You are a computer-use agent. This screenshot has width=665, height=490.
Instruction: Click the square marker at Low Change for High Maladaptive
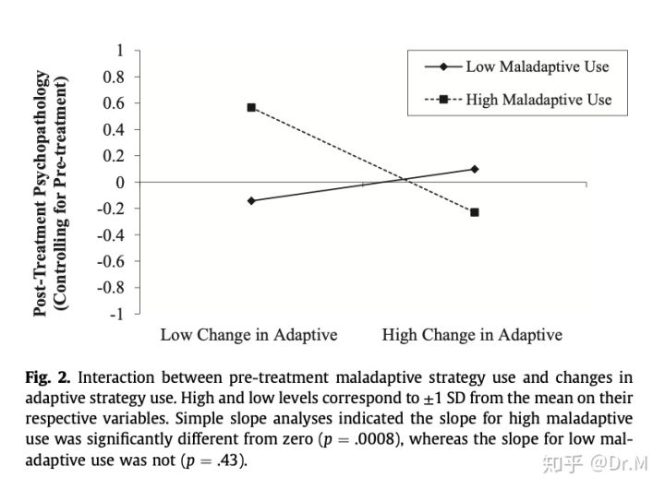(251, 107)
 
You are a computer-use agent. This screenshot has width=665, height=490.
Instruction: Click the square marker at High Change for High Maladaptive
(474, 212)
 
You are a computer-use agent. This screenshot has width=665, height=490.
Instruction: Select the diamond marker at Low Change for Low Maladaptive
(251, 200)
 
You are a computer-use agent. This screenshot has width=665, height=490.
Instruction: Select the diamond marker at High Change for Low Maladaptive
(474, 169)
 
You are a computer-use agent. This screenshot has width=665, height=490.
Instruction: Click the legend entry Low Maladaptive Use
(537, 66)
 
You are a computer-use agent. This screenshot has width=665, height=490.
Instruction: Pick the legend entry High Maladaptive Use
(538, 99)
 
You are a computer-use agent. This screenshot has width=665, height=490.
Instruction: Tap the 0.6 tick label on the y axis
(114, 102)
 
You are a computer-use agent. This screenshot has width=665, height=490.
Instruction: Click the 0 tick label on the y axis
(119, 182)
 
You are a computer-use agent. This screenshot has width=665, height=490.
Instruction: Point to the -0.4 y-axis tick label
(111, 234)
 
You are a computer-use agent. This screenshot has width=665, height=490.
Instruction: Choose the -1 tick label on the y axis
(116, 314)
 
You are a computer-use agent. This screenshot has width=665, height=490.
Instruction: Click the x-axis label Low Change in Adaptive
(248, 335)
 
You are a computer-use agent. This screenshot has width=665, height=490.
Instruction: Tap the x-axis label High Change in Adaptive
(472, 335)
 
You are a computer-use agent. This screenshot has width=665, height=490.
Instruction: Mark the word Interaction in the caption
(108, 378)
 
